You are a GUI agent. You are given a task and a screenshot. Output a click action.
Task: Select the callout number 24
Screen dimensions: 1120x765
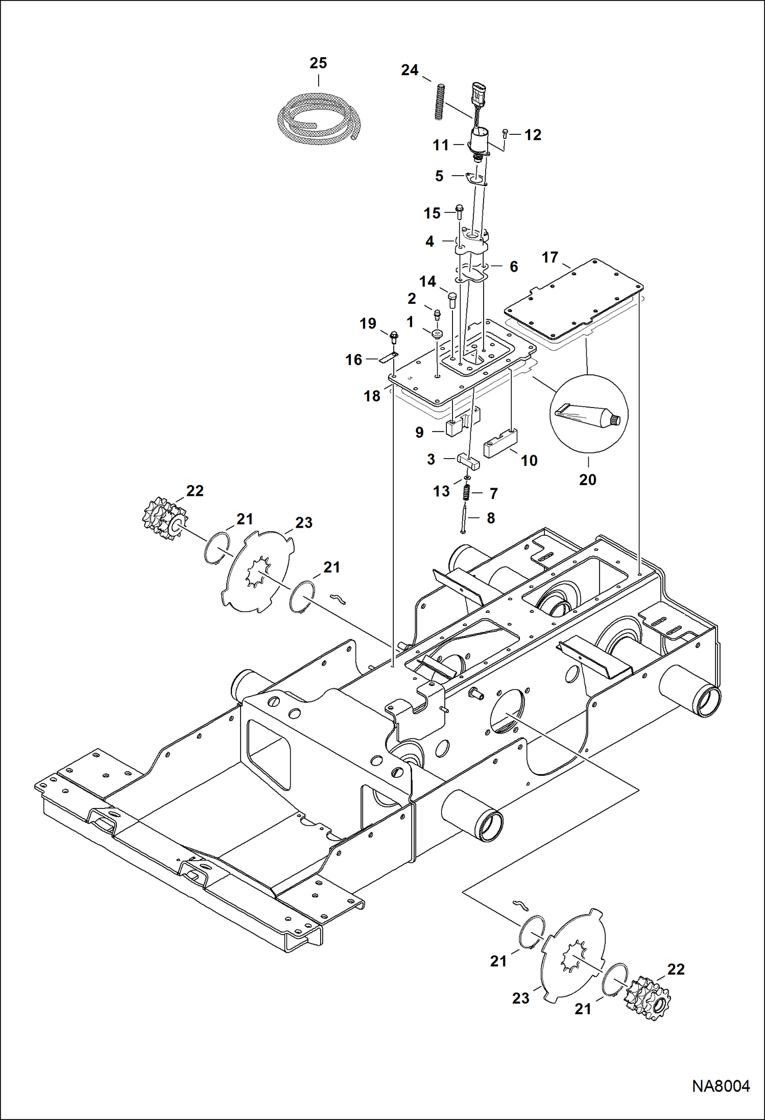pos(410,70)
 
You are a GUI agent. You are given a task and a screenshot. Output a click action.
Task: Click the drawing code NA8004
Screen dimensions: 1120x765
pos(721,1096)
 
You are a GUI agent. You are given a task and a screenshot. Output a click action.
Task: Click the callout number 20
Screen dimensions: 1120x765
pos(588,480)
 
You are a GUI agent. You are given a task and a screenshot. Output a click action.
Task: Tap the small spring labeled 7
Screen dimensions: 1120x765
pos(466,493)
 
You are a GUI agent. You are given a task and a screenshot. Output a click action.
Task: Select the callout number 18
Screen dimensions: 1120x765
pos(372,396)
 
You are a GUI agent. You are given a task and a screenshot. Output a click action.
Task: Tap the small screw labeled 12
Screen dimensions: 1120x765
pos(505,134)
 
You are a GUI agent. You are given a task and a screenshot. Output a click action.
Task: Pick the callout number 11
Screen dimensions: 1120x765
pos(440,145)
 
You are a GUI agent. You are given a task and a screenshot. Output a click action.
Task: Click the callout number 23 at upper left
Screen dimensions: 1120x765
pos(303,522)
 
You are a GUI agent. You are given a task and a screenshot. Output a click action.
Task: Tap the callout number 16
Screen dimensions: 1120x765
pos(353,360)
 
